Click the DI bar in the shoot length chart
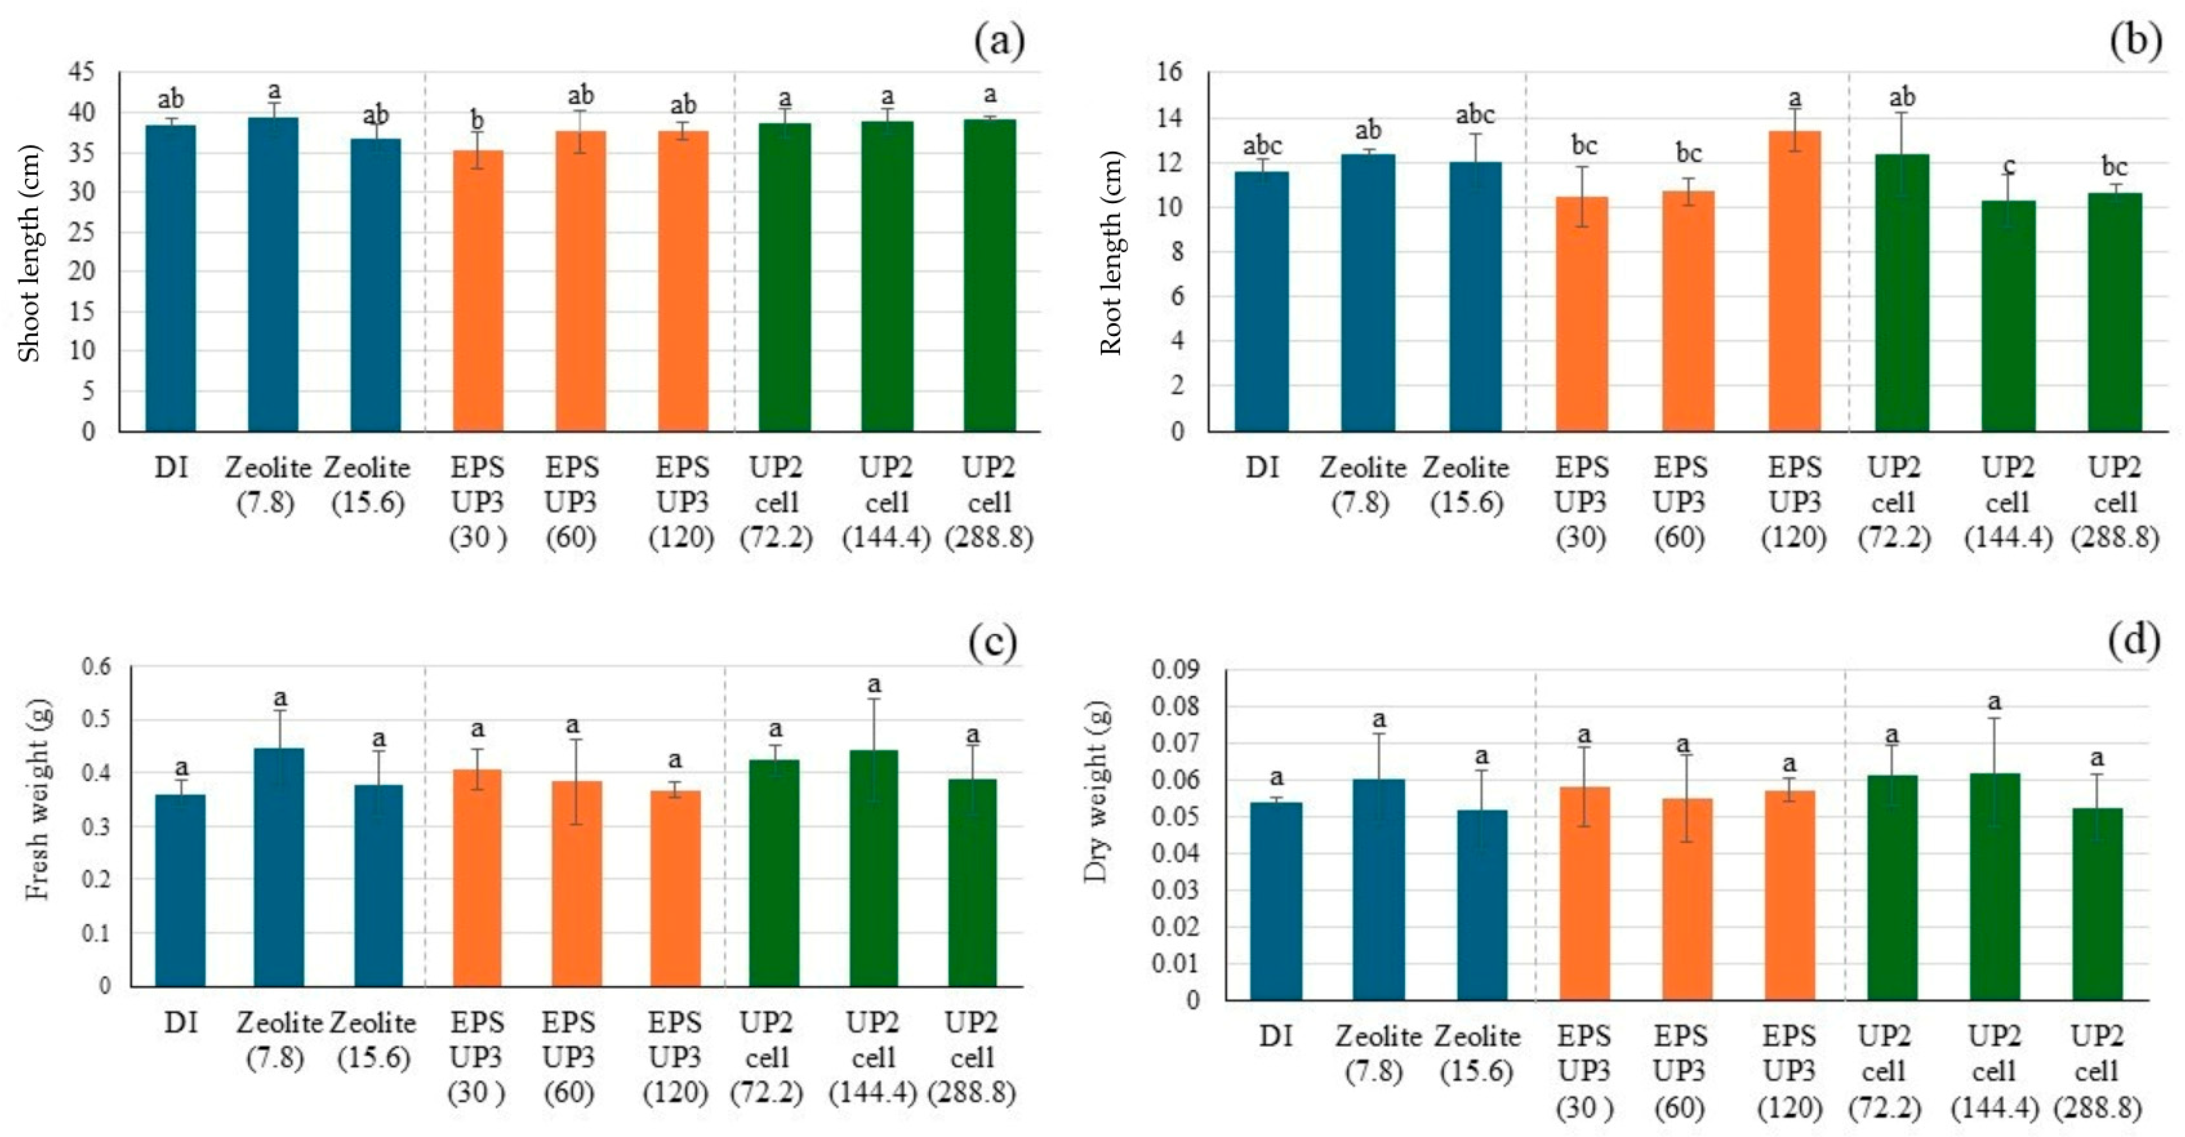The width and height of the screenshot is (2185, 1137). pos(170,278)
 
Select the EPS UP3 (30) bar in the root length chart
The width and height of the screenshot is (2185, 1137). pos(1582,314)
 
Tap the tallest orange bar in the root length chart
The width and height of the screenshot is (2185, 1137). pos(1795,280)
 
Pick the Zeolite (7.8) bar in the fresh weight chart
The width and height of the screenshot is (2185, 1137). pos(279,867)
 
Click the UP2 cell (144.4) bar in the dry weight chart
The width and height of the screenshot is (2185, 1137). pos(1995,886)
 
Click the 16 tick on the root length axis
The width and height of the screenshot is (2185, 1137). pos(1168,73)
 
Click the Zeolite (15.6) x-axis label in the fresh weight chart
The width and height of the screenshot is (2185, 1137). pos(373,1040)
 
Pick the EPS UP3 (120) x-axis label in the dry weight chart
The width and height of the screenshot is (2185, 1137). pos(1790,1072)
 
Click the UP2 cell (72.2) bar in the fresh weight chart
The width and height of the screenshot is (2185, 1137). pos(774,873)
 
